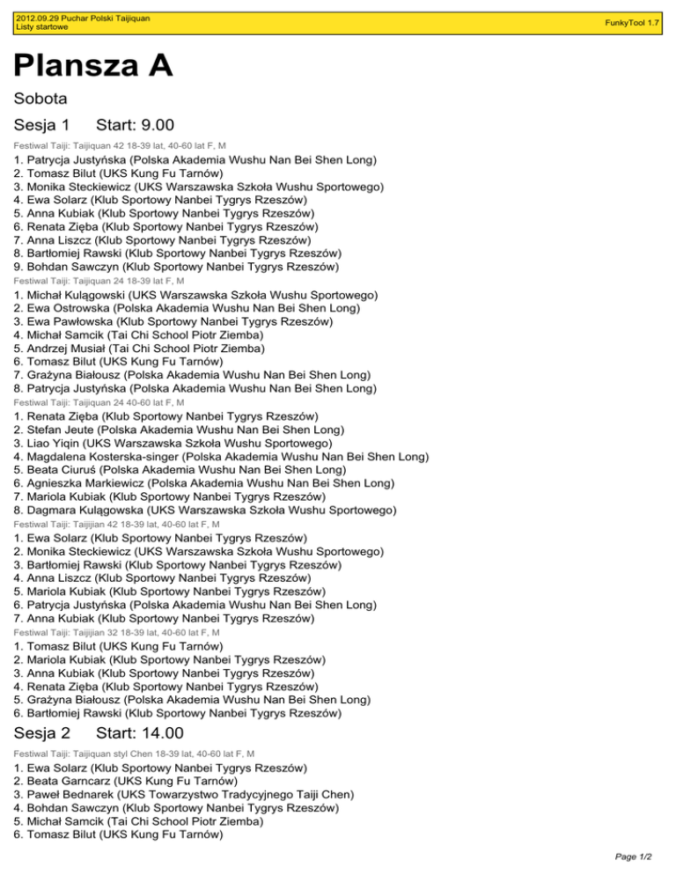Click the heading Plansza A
tap(92, 66)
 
